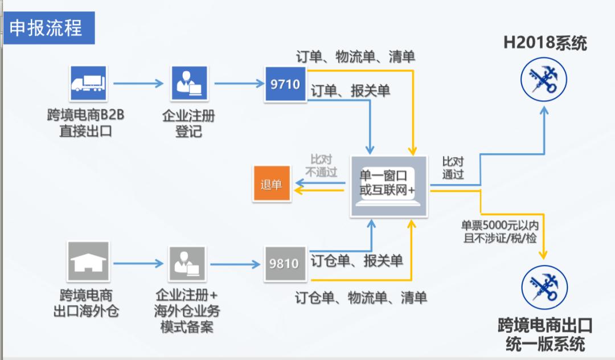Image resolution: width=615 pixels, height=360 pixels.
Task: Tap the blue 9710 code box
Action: (285, 84)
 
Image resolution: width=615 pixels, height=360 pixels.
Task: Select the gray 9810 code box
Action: (285, 263)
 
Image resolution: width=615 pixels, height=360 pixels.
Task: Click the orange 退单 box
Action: (271, 185)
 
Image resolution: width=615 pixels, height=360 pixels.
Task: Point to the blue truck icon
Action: (88, 83)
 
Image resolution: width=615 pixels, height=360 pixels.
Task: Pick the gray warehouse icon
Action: (88, 261)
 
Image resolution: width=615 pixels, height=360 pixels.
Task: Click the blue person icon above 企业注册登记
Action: (188, 83)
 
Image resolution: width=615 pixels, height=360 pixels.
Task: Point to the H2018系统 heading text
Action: (545, 43)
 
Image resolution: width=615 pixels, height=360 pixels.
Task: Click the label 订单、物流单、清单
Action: (355, 57)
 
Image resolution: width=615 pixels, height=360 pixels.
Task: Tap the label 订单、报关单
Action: (350, 91)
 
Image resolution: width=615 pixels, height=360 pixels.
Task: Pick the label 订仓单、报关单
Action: (356, 261)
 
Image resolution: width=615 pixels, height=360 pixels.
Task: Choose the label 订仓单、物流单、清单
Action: (361, 297)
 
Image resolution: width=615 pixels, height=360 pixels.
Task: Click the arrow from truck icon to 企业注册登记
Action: (138, 84)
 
